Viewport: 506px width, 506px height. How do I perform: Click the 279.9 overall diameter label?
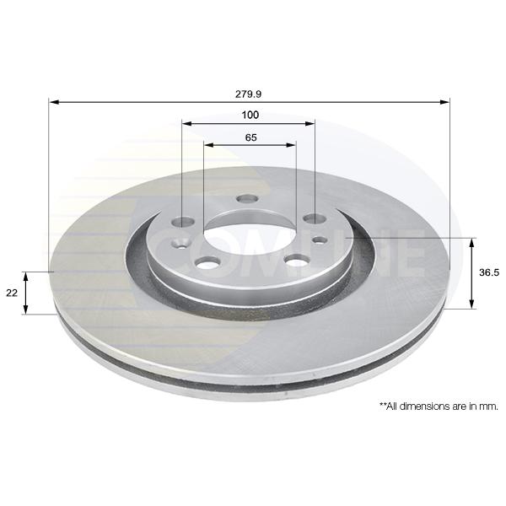[x=248, y=94]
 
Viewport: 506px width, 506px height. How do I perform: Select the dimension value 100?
[x=250, y=115]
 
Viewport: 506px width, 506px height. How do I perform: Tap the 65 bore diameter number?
[x=250, y=137]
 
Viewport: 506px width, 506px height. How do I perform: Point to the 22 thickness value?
[x=12, y=293]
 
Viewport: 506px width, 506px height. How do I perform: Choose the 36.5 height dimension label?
[x=489, y=272]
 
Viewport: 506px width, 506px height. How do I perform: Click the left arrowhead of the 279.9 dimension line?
[x=54, y=102]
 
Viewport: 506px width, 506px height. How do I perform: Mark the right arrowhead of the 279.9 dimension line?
[x=444, y=102]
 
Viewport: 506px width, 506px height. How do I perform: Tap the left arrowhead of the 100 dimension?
[x=187, y=124]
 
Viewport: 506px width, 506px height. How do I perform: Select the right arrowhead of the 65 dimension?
[x=291, y=145]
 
